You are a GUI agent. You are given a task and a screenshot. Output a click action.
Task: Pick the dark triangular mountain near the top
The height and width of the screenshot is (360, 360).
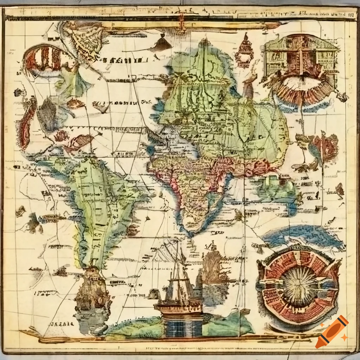pos(162,44)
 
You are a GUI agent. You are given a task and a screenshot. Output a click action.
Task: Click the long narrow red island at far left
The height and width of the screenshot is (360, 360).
pos(27,123)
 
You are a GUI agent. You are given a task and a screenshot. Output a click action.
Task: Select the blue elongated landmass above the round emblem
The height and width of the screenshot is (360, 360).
pos(302,235)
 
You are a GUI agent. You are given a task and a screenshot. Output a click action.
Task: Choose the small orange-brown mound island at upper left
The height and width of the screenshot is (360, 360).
pos(75,103)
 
